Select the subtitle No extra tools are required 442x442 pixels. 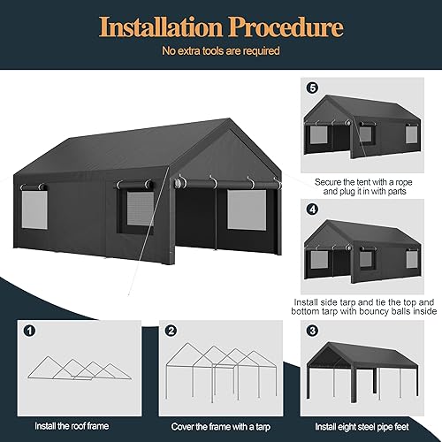(x=220, y=51)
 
